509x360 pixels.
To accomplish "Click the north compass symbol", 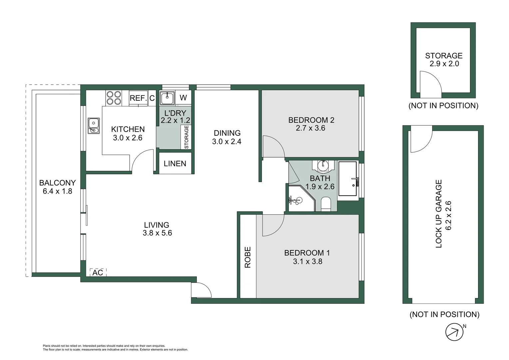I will point(454,332).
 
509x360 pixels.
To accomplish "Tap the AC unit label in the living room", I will point(98,272).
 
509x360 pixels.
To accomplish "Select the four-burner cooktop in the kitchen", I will point(114,98).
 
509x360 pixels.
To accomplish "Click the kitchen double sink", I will point(94,126).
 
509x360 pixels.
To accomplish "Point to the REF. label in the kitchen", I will point(138,98).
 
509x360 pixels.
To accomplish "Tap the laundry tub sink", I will point(167,98).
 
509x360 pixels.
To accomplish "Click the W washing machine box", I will point(183,98).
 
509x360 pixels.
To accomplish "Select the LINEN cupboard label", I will point(175,163).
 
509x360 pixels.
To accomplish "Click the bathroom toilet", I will point(326,204).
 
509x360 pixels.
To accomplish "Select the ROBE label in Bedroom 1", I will point(248,257).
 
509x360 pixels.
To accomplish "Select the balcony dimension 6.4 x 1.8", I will point(57,191).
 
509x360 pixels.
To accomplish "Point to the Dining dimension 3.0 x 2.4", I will point(227,142).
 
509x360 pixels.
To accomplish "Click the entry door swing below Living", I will point(201,290).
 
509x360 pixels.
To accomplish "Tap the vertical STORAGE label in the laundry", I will point(186,137).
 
